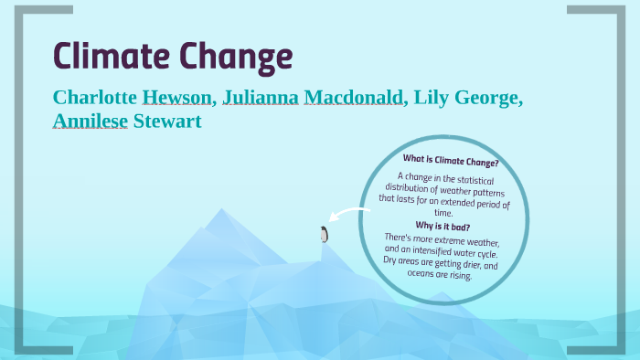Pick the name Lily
pos(432,98)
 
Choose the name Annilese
pos(91,122)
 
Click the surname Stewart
pos(167,122)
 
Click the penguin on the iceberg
pos(323,234)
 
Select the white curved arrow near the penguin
pos(347,216)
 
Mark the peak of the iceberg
pos(219,212)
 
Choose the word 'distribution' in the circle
pos(412,188)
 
